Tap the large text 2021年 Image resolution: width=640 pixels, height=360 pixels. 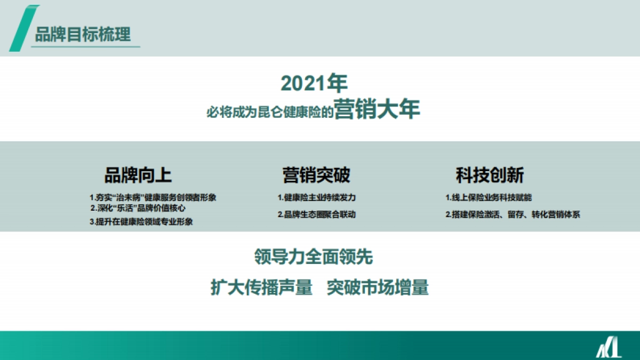[314, 83]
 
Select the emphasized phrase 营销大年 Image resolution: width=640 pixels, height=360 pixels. [377, 110]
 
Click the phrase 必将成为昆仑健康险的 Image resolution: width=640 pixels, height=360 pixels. [270, 113]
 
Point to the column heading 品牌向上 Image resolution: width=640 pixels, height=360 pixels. [138, 175]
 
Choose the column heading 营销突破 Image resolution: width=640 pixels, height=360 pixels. [316, 175]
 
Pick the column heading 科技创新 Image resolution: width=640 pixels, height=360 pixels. [490, 175]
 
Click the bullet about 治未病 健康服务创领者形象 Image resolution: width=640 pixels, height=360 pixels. [153, 197]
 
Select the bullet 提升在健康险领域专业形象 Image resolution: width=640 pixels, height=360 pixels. [141, 222]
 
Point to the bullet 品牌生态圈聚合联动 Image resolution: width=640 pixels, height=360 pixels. [316, 214]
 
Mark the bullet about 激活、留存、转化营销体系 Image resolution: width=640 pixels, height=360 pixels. [513, 215]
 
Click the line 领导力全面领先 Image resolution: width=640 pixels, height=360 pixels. [314, 257]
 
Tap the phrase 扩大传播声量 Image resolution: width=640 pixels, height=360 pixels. [261, 287]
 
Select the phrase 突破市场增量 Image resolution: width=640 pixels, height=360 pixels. [378, 287]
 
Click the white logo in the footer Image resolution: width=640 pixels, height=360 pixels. [609, 348]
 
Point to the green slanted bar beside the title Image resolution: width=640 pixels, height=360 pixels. [21, 29]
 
